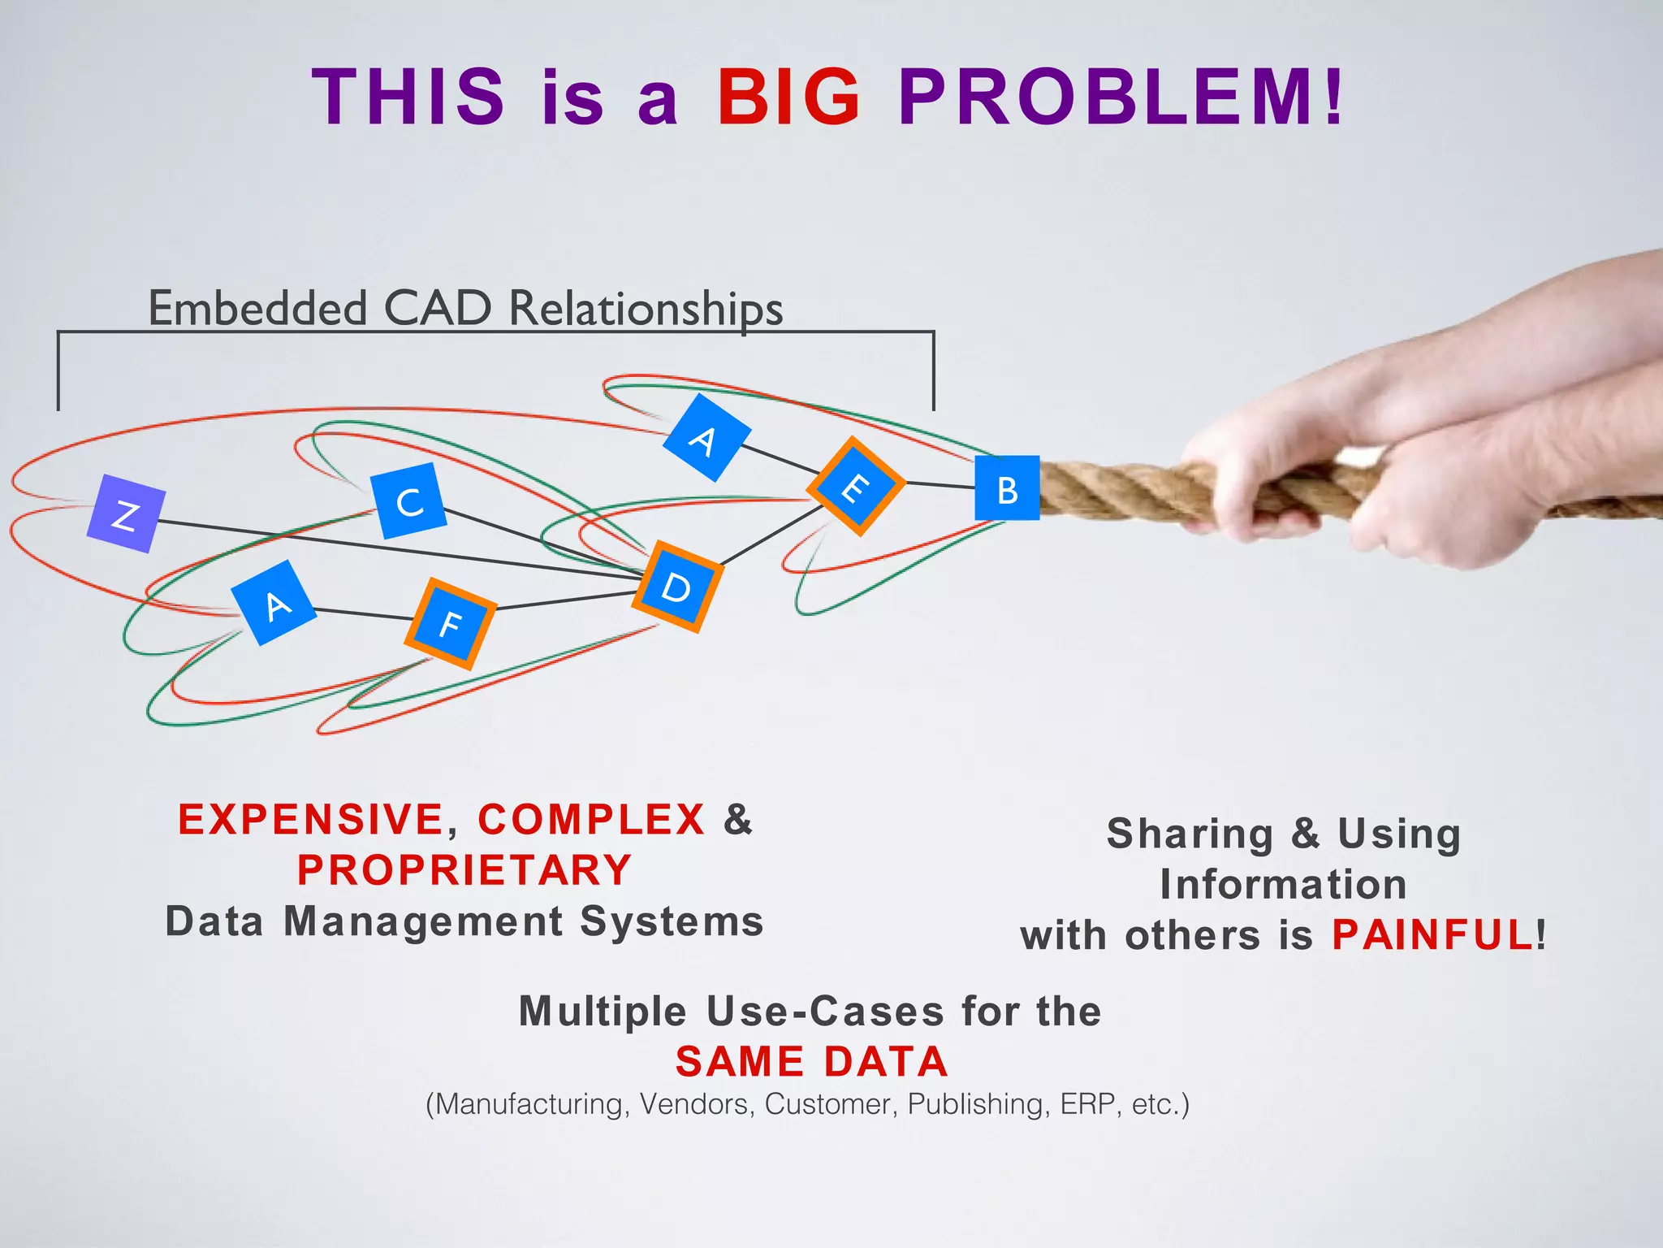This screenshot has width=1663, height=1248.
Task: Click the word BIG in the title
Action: (x=788, y=97)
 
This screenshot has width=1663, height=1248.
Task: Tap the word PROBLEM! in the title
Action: (x=1121, y=97)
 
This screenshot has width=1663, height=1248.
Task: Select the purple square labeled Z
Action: (x=126, y=514)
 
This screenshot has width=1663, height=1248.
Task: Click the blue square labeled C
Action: (x=408, y=501)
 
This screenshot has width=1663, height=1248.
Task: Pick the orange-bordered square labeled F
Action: (x=451, y=623)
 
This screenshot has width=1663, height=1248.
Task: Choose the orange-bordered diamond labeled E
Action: (x=856, y=487)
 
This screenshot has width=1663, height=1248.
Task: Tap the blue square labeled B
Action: (x=1007, y=488)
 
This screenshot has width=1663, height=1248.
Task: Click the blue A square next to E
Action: (x=706, y=439)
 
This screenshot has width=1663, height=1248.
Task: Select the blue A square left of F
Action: (x=274, y=603)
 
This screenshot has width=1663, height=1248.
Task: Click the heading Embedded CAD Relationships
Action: (x=465, y=309)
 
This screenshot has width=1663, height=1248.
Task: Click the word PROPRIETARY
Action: (x=464, y=870)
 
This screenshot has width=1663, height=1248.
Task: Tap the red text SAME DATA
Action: (x=812, y=1061)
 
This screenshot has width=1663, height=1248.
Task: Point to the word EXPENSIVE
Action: (x=311, y=819)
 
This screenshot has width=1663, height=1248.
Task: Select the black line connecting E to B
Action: (x=940, y=485)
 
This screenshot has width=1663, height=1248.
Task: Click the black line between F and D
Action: (x=564, y=600)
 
